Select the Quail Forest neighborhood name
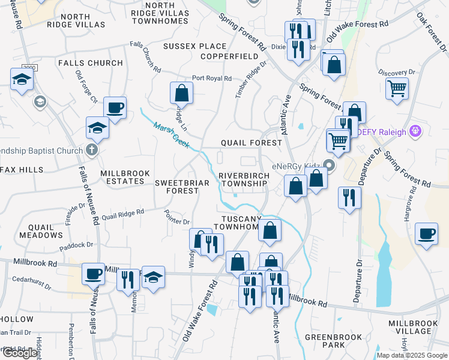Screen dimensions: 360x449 [x=251, y=143]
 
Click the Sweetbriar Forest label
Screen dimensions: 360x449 [x=177, y=186]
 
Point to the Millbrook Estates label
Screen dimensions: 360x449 [x=122, y=177]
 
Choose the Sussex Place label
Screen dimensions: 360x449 [x=195, y=46]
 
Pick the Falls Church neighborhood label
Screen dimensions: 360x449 [x=91, y=63]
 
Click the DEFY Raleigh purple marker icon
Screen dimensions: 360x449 [x=414, y=130]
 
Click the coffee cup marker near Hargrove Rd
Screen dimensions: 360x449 [x=426, y=233]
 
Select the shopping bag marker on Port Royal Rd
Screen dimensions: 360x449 [x=181, y=92]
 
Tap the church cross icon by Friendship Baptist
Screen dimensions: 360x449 [x=91, y=149]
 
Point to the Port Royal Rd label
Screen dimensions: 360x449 [x=212, y=79]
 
